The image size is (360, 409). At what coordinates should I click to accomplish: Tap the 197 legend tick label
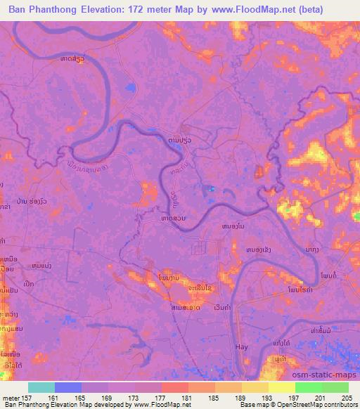(x=295, y=398)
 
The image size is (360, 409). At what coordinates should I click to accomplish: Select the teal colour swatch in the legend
(x=42, y=387)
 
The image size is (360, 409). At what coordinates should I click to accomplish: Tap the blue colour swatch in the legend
(x=69, y=387)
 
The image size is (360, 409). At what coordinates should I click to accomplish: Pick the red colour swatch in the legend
(x=175, y=387)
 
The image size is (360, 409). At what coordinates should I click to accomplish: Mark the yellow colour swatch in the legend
(x=281, y=387)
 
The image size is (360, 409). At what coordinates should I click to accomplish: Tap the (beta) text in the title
(x=331, y=10)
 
